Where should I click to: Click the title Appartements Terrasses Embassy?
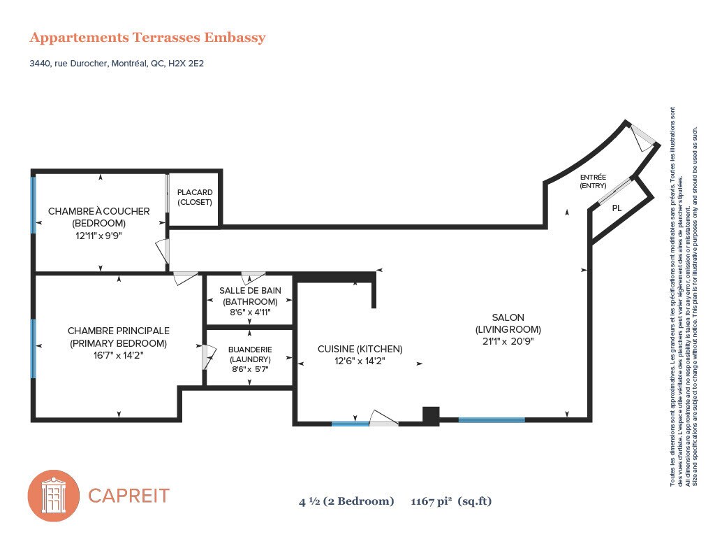coord(147,38)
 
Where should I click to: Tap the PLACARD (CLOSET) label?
coord(195,197)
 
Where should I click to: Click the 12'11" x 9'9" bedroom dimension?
coord(98,236)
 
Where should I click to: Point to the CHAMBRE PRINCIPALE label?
coord(118,331)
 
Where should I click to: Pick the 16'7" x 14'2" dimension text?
coord(118,356)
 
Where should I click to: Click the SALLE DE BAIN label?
coord(250,290)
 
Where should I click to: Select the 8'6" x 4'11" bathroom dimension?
coord(250,313)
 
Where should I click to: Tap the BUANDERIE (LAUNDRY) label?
coord(250,354)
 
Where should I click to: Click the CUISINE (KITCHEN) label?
coord(360,349)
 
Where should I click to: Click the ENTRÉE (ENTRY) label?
coord(593,181)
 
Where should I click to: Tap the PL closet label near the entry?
coord(617,208)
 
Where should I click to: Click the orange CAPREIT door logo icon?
coord(54,496)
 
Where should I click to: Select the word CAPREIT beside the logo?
coord(128,496)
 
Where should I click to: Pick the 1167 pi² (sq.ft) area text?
coord(451,501)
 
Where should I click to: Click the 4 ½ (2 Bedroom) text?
coord(346,501)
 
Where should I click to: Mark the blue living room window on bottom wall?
coord(491,419)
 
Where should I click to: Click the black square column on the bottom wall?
coord(431,415)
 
